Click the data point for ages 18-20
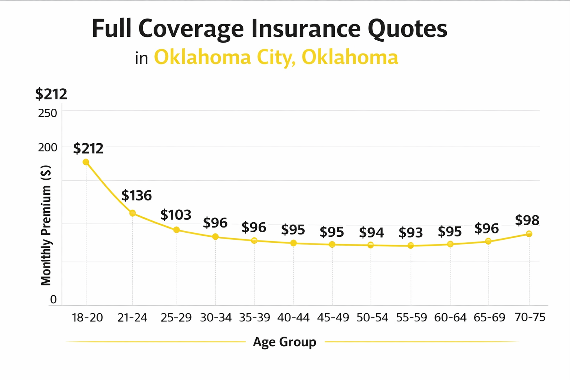(x=86, y=162)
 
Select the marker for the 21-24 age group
(x=132, y=213)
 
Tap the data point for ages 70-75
(x=529, y=234)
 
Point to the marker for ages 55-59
(x=410, y=245)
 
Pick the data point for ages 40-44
(x=293, y=243)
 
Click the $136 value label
(x=137, y=196)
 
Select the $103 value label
(x=176, y=215)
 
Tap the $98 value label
(x=527, y=220)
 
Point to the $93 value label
(x=410, y=233)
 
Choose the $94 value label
(x=371, y=233)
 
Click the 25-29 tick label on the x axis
(x=176, y=318)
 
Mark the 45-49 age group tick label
(x=333, y=318)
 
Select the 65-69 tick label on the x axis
(x=489, y=318)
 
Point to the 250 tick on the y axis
(x=47, y=113)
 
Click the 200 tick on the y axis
(x=47, y=147)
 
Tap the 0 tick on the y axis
(x=53, y=299)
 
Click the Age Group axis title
(x=285, y=342)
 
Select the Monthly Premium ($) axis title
(x=46, y=225)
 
